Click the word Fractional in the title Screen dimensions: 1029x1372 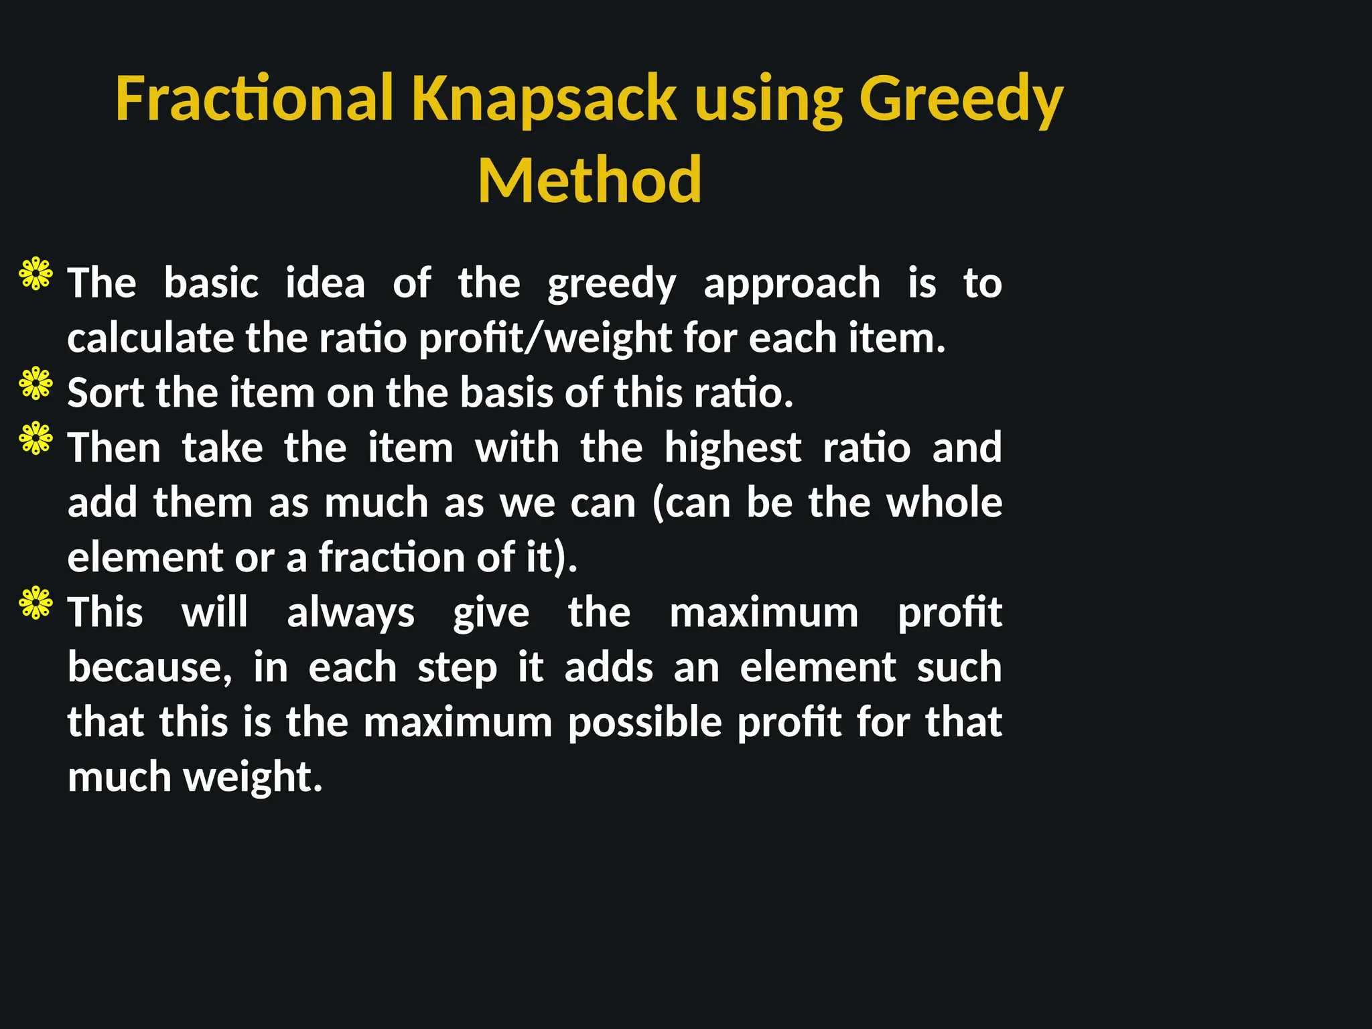click(x=254, y=98)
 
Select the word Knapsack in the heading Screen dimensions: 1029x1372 click(x=544, y=98)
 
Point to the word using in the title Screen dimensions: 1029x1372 click(x=768, y=98)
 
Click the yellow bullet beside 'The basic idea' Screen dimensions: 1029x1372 click(x=36, y=273)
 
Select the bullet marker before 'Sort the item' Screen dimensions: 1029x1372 click(x=36, y=383)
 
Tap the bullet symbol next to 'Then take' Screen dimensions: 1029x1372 click(x=36, y=438)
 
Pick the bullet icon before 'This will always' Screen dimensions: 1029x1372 click(x=36, y=603)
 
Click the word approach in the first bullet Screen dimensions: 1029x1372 click(x=792, y=283)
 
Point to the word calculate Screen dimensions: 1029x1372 click(x=150, y=338)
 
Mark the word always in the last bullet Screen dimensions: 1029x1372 click(x=351, y=613)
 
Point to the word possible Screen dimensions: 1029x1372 click(x=645, y=723)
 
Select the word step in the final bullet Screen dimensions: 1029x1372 click(x=458, y=669)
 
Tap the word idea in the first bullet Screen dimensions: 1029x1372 click(x=326, y=283)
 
